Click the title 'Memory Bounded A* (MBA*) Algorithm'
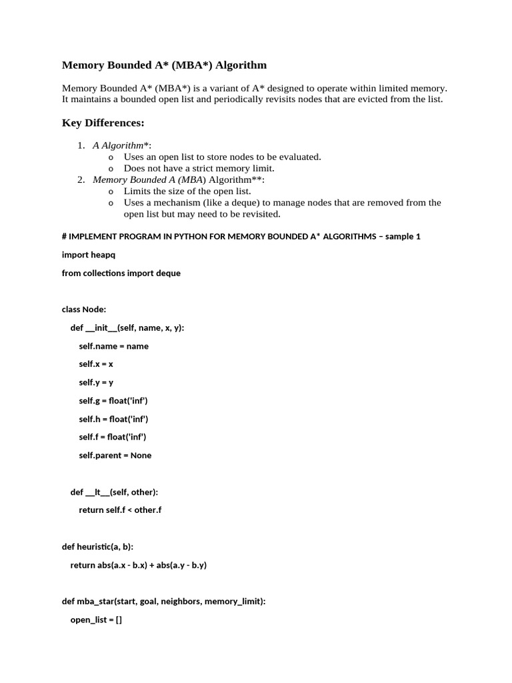pos(164,65)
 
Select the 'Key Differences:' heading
pos(103,123)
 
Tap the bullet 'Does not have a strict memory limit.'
pos(199,168)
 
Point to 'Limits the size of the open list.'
pos(187,191)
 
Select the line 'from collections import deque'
pos(121,273)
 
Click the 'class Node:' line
pos(84,309)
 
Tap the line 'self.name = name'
pos(113,346)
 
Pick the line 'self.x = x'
pos(96,364)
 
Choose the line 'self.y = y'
pos(96,382)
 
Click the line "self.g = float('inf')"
pos(113,400)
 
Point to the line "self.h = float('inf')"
pos(113,419)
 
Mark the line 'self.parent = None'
pos(115,455)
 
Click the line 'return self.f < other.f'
pos(120,510)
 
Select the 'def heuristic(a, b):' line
pos(97,546)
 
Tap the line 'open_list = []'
pos(96,619)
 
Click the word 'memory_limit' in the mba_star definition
pos(233,601)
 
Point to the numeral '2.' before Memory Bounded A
pos(81,179)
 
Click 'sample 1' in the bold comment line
pos(403,236)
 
